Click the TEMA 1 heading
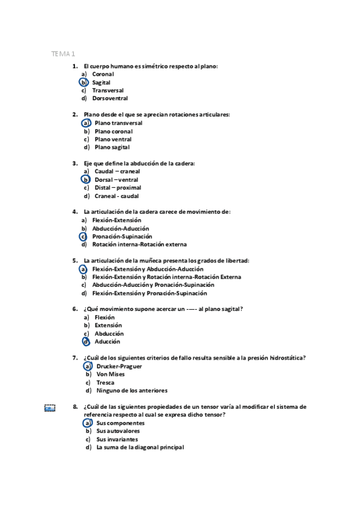point(63,54)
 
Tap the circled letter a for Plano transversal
point(86,123)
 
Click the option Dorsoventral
point(110,98)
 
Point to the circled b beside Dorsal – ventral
point(86,179)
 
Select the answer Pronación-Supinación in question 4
point(122,236)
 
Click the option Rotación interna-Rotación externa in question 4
point(139,245)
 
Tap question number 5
point(75,261)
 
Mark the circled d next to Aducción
point(86,342)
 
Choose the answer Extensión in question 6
point(108,325)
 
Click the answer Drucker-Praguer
point(119,366)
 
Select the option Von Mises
point(110,375)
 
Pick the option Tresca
point(105,382)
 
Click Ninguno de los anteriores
point(131,391)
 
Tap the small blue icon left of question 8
point(50,408)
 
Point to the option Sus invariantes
point(116,439)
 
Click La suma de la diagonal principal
point(140,447)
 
